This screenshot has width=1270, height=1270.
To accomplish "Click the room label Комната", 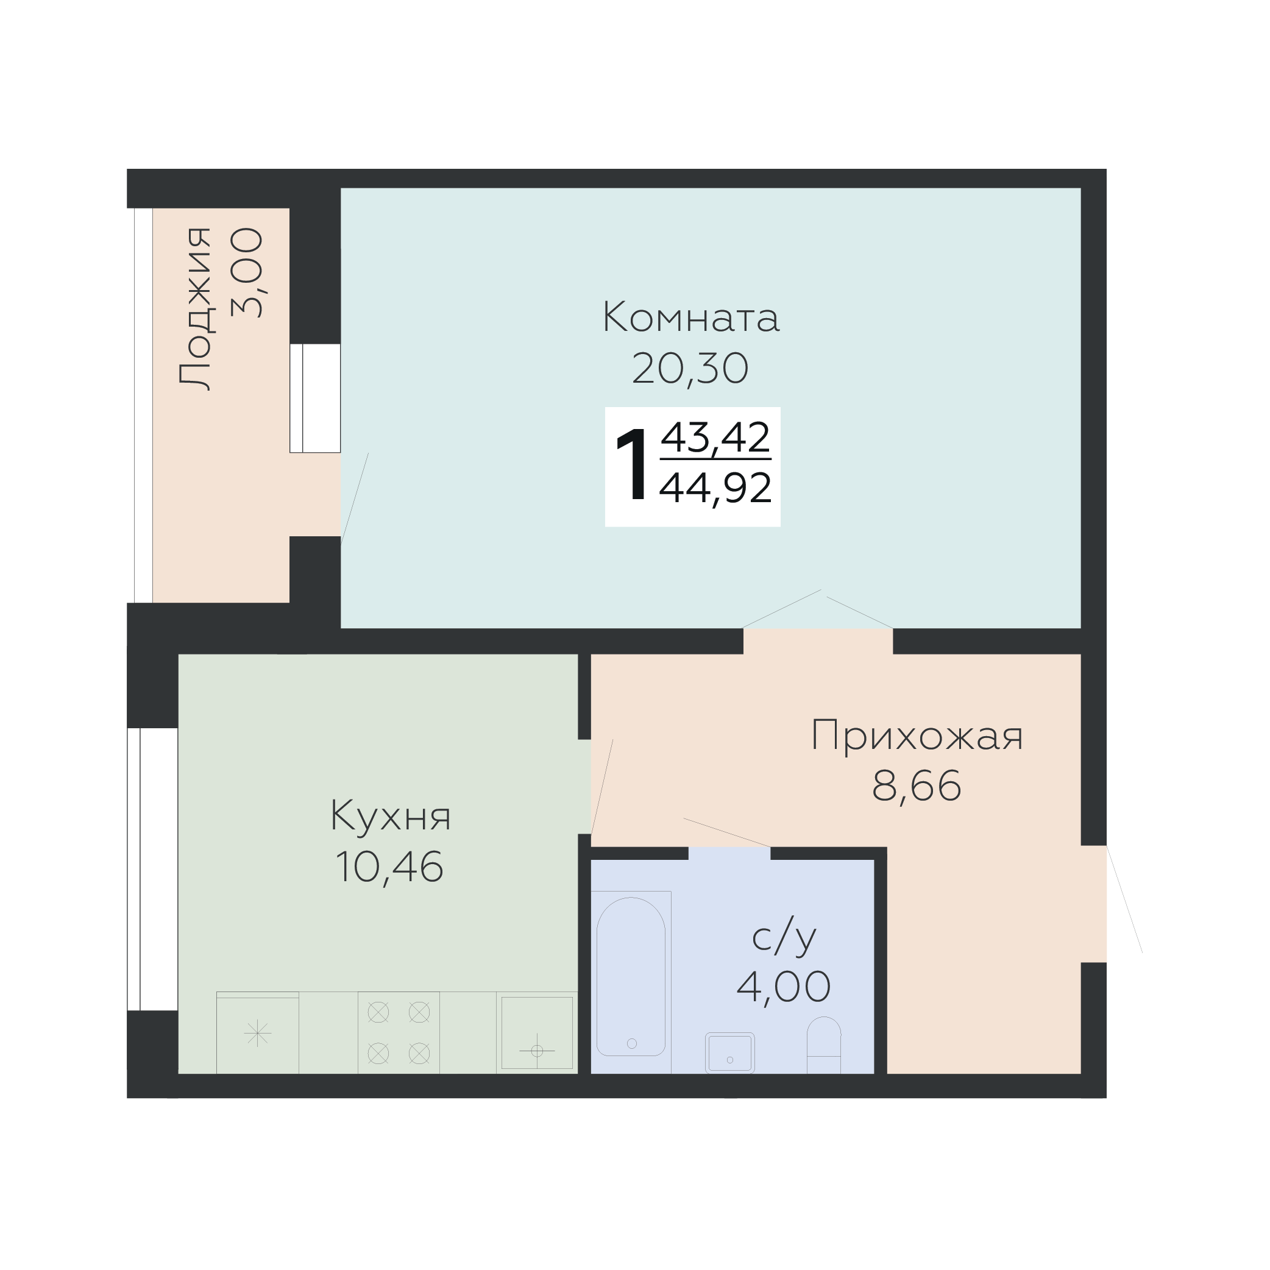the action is (x=691, y=317).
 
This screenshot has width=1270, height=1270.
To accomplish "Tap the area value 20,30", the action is (x=690, y=369).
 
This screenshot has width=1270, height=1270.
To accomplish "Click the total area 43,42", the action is (x=715, y=437).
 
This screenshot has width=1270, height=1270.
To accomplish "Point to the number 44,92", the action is (x=715, y=488).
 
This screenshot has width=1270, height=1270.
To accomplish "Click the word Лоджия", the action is (x=196, y=309).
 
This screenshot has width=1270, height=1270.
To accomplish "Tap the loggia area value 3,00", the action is (x=247, y=273).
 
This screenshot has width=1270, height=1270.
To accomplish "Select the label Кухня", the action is (x=391, y=817).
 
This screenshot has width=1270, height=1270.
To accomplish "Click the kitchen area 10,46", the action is (x=389, y=867).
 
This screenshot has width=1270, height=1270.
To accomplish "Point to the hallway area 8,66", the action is (x=917, y=786).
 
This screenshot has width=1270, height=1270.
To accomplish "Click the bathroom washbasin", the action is (x=729, y=1053).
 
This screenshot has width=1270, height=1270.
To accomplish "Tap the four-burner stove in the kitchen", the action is (x=399, y=1033).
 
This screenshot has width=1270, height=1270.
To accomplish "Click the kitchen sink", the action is (x=537, y=1033).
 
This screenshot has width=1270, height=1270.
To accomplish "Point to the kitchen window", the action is (x=152, y=869).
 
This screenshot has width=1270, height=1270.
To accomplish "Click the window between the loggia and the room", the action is (x=315, y=399).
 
